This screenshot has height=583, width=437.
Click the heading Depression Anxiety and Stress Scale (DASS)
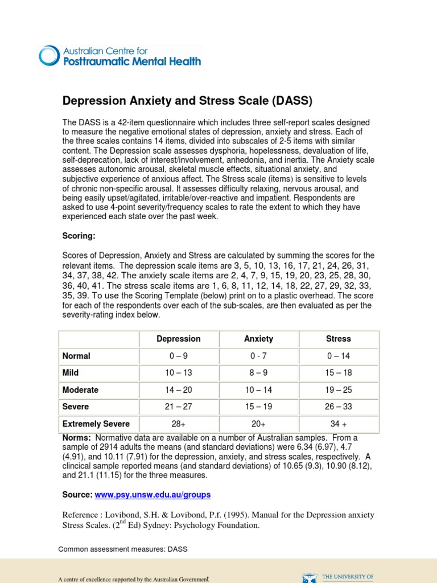point(187,101)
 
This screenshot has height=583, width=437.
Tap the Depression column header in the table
point(179,339)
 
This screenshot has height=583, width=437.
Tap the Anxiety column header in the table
point(258,339)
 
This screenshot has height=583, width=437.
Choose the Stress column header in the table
point(338,339)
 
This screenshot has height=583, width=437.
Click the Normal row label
point(76,356)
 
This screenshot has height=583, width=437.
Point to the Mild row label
point(71,373)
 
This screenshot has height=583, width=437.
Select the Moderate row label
point(80,390)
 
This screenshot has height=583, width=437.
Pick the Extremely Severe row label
point(96,424)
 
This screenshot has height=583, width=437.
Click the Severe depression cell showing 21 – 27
point(179,407)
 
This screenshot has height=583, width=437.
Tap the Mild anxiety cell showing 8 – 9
point(258,373)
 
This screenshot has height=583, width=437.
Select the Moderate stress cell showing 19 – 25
point(338,390)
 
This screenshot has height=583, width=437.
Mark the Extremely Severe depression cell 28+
point(179,424)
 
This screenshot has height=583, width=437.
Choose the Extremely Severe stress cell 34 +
point(338,424)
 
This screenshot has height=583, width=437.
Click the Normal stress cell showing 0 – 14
point(338,356)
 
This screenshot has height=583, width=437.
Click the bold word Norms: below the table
point(76,438)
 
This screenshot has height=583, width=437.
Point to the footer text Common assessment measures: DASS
point(123,549)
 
